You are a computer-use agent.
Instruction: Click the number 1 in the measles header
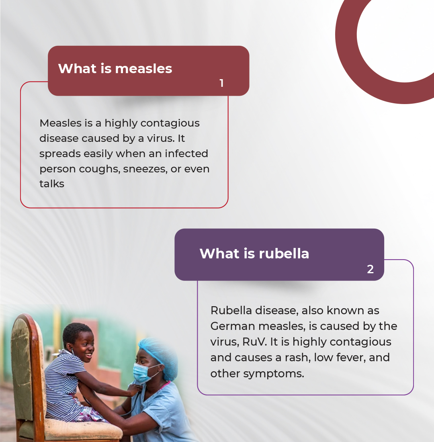[x=222, y=83]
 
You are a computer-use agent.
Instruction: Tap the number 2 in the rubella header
[x=370, y=269]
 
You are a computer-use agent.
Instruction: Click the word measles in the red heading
[x=143, y=68]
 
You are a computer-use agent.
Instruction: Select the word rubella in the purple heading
[x=284, y=253]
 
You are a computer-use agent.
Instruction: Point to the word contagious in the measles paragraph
[x=170, y=123]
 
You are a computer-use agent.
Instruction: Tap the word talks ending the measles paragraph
[x=52, y=184]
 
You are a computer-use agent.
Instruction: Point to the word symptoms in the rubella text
[x=274, y=374]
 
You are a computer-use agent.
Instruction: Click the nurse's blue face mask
[x=144, y=372]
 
